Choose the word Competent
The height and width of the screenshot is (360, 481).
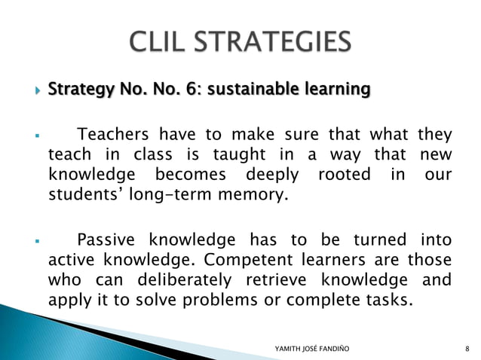243,261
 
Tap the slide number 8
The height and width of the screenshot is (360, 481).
468,347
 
